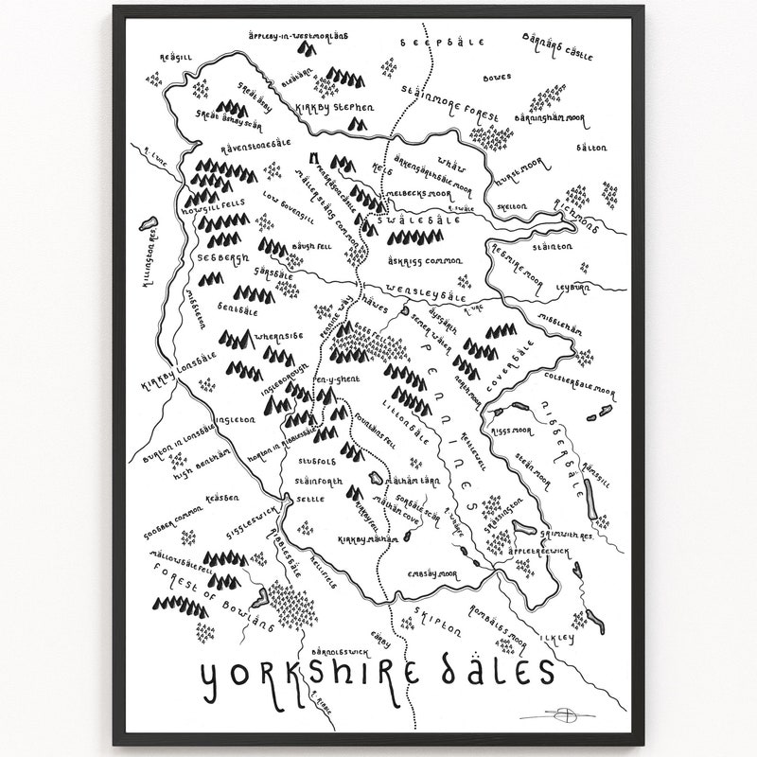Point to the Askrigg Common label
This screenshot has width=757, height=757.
424,259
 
